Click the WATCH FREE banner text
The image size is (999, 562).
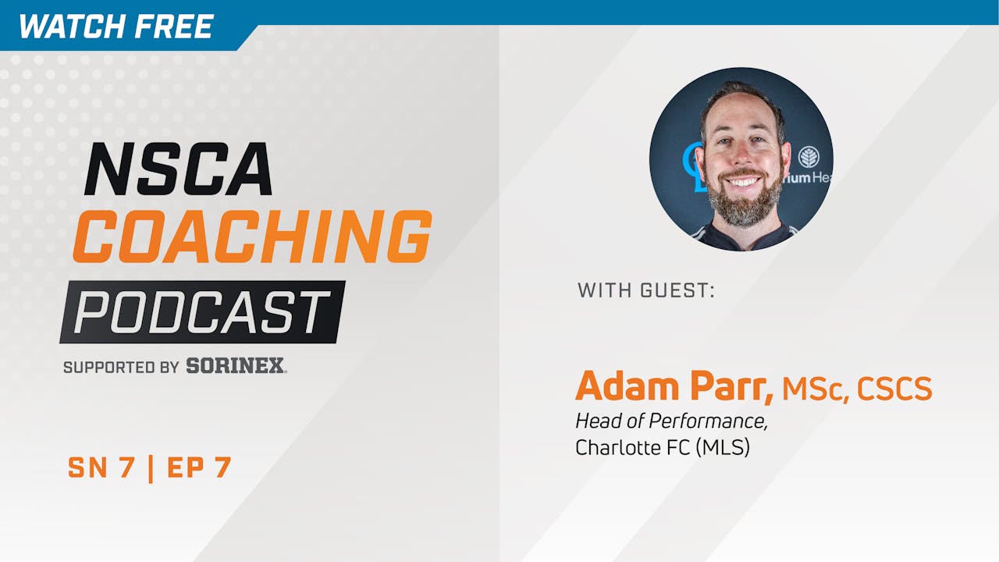click(116, 27)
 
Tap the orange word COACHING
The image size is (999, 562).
click(251, 237)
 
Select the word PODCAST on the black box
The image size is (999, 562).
click(201, 312)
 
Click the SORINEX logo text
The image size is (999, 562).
click(236, 365)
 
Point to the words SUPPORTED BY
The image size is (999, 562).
click(121, 366)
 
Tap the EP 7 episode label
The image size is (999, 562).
click(201, 467)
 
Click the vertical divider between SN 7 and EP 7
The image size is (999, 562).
click(151, 467)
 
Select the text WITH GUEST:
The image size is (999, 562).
click(646, 291)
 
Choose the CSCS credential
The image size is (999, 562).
click(894, 389)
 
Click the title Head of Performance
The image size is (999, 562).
click(671, 421)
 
